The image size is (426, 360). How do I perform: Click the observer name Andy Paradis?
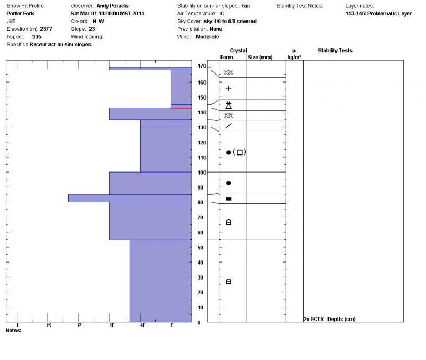click(x=112, y=6)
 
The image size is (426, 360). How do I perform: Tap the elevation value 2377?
click(x=46, y=29)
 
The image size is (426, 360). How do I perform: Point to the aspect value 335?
click(x=37, y=37)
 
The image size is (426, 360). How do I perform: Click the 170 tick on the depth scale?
click(x=201, y=66)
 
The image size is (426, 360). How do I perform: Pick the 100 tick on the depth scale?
click(x=201, y=173)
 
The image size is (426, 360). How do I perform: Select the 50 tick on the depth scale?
click(x=201, y=248)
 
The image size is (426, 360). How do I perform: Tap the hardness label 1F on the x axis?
click(x=111, y=325)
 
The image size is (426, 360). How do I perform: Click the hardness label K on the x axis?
click(x=49, y=325)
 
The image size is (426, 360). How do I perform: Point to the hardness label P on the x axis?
click(x=80, y=325)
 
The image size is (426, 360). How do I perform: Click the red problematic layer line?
click(x=181, y=108)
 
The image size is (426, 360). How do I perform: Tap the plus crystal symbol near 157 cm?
click(x=228, y=88)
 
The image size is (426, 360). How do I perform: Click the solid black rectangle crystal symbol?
click(x=228, y=199)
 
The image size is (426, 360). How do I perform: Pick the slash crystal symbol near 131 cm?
click(x=228, y=126)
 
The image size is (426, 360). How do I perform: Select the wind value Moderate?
click(x=208, y=37)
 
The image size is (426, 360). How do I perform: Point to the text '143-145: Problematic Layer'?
click(x=378, y=13)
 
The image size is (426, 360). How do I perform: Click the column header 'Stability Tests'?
click(x=335, y=51)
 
